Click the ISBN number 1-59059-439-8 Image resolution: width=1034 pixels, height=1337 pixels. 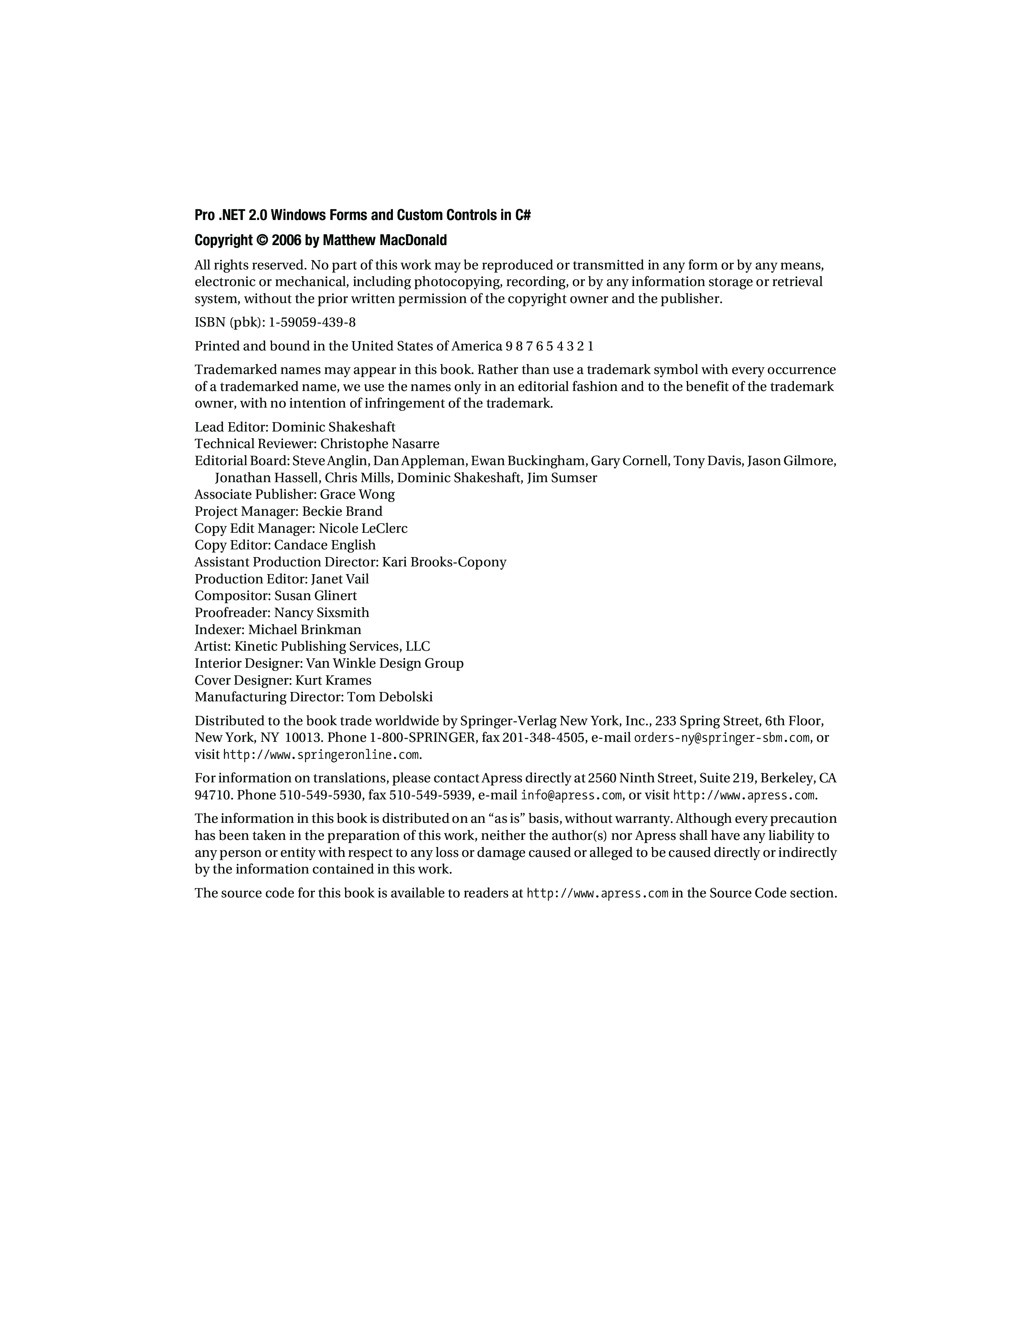point(312,323)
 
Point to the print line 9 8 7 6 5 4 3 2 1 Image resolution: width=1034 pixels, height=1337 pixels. point(549,346)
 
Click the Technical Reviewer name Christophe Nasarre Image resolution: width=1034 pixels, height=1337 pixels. point(380,444)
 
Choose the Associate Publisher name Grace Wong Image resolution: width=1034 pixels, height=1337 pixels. point(357,495)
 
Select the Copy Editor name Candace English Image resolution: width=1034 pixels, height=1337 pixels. point(325,545)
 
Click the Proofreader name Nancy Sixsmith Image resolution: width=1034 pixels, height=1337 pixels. point(322,613)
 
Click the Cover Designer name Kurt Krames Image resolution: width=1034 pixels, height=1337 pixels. point(333,681)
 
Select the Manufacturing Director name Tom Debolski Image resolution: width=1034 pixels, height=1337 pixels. point(390,697)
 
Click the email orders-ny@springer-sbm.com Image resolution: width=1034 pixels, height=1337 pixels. point(722,738)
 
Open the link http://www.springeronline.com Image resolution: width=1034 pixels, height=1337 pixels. point(321,755)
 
